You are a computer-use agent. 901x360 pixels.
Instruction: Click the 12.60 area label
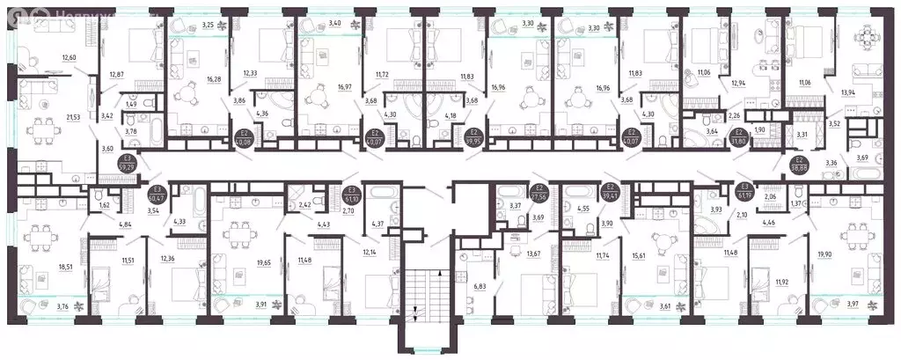click(x=69, y=58)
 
